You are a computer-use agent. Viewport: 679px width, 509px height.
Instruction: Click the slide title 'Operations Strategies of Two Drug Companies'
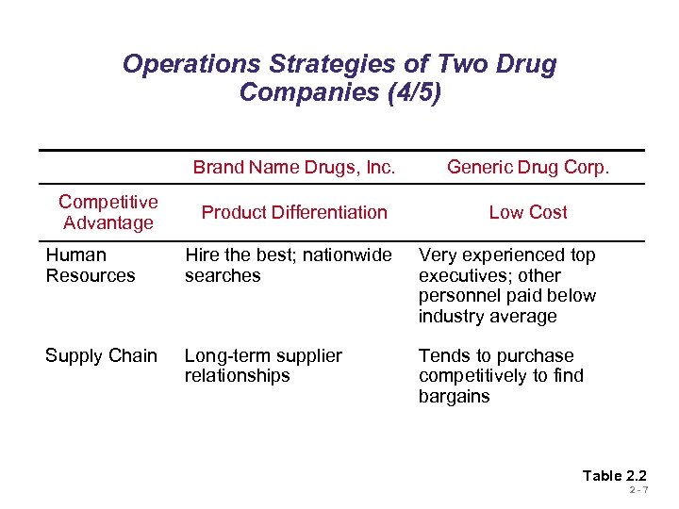339,65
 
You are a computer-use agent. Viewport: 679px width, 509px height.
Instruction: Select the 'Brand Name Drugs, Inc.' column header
294,168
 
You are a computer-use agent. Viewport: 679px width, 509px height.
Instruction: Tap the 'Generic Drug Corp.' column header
528,168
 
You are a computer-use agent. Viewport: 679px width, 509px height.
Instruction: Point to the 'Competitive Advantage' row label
108,212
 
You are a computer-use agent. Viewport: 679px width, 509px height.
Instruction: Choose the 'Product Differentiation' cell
294,212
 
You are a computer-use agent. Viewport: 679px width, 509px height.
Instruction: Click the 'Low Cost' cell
528,212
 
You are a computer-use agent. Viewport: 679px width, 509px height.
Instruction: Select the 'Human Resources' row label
91,265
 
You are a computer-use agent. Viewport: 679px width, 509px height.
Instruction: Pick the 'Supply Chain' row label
101,355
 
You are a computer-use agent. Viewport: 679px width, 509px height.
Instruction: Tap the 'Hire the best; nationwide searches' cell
288,265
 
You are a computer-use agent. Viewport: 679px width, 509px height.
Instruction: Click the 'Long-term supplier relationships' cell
263,366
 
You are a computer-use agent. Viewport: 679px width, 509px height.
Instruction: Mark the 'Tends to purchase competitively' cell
501,375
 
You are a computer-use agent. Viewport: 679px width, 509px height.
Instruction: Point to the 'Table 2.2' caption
615,475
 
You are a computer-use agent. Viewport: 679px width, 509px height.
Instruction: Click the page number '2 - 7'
638,490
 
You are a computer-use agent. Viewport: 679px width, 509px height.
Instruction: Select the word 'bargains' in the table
455,396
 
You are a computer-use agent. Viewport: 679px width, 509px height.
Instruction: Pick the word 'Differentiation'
329,212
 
